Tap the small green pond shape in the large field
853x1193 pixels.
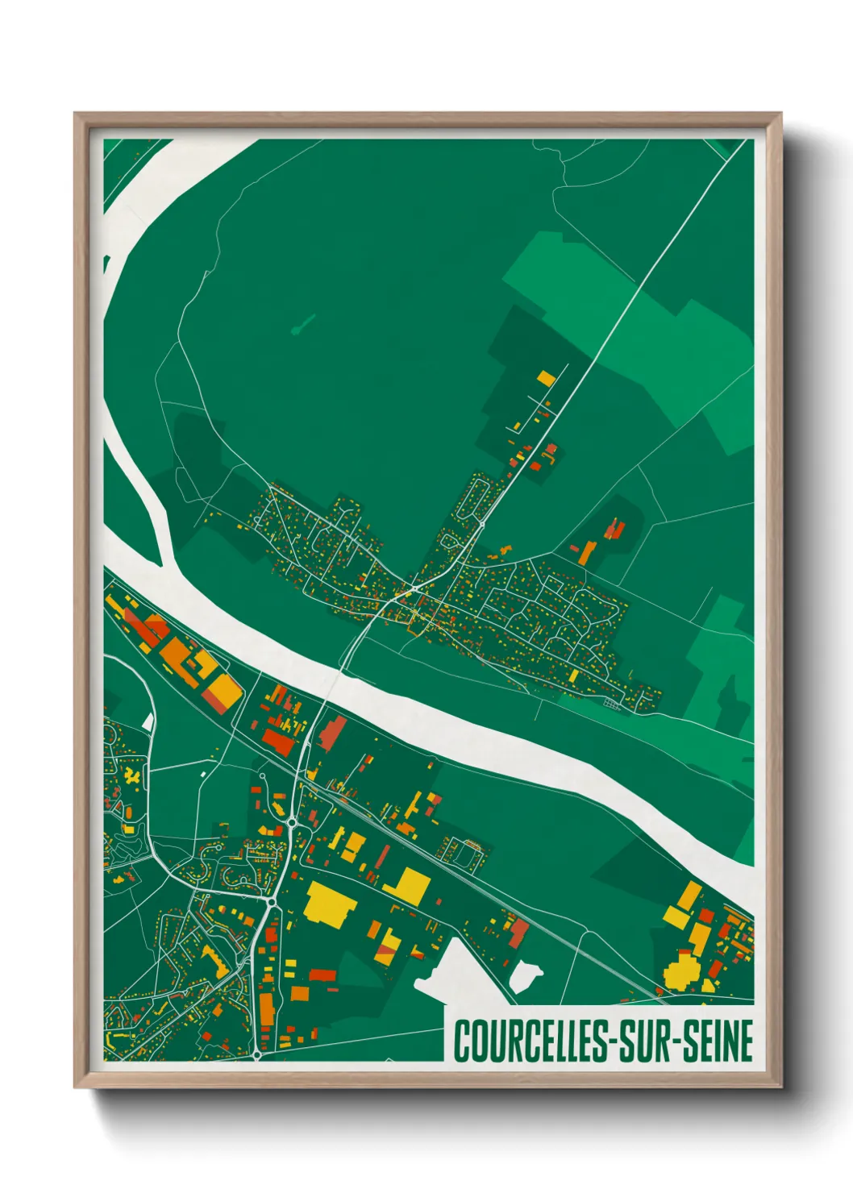click(x=302, y=326)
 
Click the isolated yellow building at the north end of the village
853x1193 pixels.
click(x=546, y=377)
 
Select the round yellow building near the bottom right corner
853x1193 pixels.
click(x=682, y=971)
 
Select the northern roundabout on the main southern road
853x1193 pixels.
click(x=290, y=823)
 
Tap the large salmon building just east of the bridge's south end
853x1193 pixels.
click(x=331, y=732)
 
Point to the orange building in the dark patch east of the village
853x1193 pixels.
click(x=588, y=552)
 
